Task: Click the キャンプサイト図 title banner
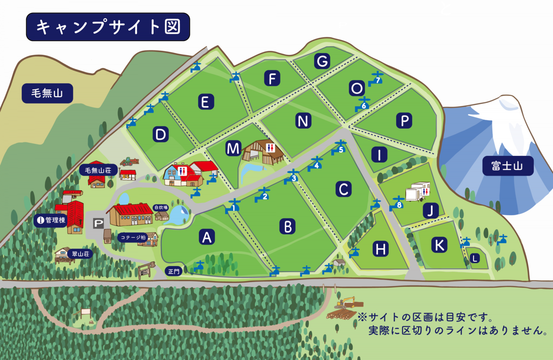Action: (108, 27)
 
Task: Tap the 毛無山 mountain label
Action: (47, 93)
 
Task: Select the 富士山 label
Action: (508, 166)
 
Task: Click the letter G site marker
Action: (322, 61)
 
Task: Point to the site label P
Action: (404, 121)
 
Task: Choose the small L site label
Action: (475, 258)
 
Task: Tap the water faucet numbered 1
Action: (233, 206)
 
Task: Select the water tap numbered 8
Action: (398, 203)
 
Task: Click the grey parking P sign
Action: (98, 224)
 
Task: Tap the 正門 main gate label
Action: (174, 271)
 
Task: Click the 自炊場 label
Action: (161, 208)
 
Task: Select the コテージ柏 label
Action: (133, 238)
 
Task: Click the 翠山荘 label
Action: (80, 254)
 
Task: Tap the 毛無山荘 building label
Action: (98, 170)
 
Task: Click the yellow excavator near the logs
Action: (346, 302)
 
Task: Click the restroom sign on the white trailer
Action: (426, 191)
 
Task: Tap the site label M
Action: (233, 148)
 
